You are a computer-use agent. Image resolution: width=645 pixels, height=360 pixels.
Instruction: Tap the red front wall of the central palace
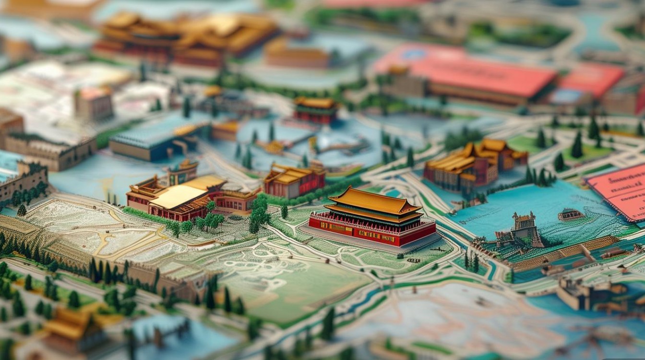click(x=370, y=234)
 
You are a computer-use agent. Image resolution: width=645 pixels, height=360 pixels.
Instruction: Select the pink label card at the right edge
click(x=619, y=190)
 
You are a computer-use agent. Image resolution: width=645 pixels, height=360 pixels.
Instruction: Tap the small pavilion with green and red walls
click(x=315, y=110)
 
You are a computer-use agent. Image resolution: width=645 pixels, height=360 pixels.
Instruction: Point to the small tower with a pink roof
click(x=94, y=103)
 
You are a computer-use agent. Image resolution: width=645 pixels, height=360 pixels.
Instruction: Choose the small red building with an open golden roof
click(x=294, y=180)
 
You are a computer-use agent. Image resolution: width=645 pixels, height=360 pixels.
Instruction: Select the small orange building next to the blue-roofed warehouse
click(x=226, y=130)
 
